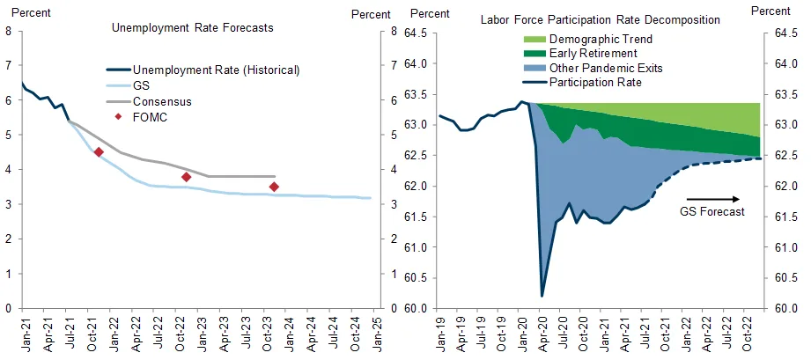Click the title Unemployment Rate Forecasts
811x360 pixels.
[x=193, y=27]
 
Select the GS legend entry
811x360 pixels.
[x=140, y=85]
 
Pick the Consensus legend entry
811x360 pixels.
[x=161, y=101]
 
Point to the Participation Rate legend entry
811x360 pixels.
[x=595, y=83]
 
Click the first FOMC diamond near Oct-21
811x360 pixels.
[x=99, y=152]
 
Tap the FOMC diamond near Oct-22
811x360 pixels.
[x=187, y=177]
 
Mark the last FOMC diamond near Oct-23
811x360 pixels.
[x=274, y=187]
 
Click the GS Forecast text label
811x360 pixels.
[x=713, y=212]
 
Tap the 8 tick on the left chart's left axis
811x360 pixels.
[x=8, y=31]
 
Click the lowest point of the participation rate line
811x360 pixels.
[x=542, y=296]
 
